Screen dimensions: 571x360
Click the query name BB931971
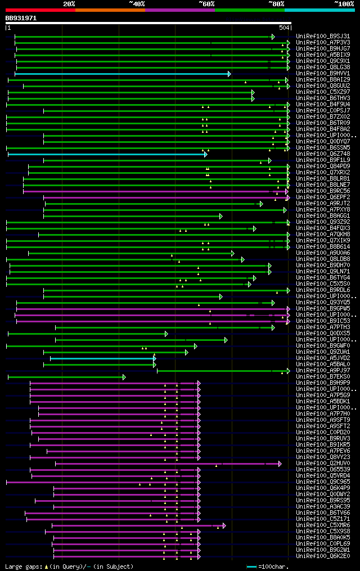coord(21,18)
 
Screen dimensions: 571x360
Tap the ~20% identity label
coord(69,3)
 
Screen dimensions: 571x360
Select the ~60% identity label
coord(206,3)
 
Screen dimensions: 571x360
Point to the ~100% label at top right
coord(344,3)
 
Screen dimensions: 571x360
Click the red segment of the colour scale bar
coord(40,10)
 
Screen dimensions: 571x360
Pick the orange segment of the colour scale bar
coord(110,10)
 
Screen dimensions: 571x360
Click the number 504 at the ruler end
coord(283,28)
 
